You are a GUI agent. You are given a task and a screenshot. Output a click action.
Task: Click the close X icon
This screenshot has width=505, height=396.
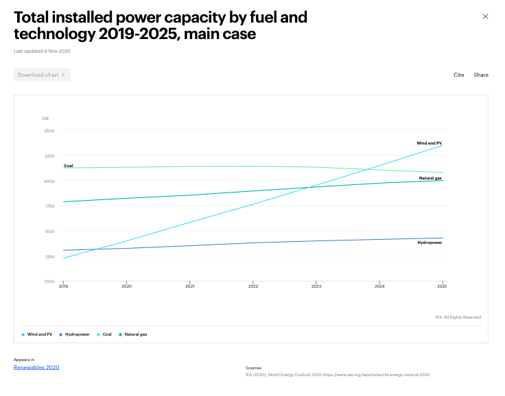(485, 16)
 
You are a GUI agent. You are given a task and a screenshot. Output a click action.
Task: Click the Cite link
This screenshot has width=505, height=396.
(458, 75)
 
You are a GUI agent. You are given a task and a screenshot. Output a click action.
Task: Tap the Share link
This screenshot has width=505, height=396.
(481, 75)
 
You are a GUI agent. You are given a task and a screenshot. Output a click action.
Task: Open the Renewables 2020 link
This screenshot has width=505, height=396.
(36, 367)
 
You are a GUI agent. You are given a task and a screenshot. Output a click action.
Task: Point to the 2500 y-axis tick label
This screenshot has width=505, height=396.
(49, 130)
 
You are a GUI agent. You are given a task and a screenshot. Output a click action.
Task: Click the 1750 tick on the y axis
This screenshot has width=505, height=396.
(49, 206)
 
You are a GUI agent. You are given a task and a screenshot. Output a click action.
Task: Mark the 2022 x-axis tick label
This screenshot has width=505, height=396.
(253, 286)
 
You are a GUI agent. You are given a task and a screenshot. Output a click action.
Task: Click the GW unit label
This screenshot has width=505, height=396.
(45, 119)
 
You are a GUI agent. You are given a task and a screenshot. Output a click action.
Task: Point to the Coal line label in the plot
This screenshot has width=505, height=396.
(68, 166)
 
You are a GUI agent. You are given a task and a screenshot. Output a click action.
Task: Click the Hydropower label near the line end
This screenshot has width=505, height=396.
(430, 243)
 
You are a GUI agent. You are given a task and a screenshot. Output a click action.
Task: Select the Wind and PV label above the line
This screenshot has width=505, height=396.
(429, 143)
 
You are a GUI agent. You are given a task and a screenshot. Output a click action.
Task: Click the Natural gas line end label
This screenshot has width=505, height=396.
(430, 178)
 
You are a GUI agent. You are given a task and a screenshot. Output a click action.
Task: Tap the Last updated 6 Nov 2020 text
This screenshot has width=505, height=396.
(42, 51)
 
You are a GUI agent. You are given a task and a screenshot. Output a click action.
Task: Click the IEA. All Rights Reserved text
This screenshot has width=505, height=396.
(458, 317)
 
